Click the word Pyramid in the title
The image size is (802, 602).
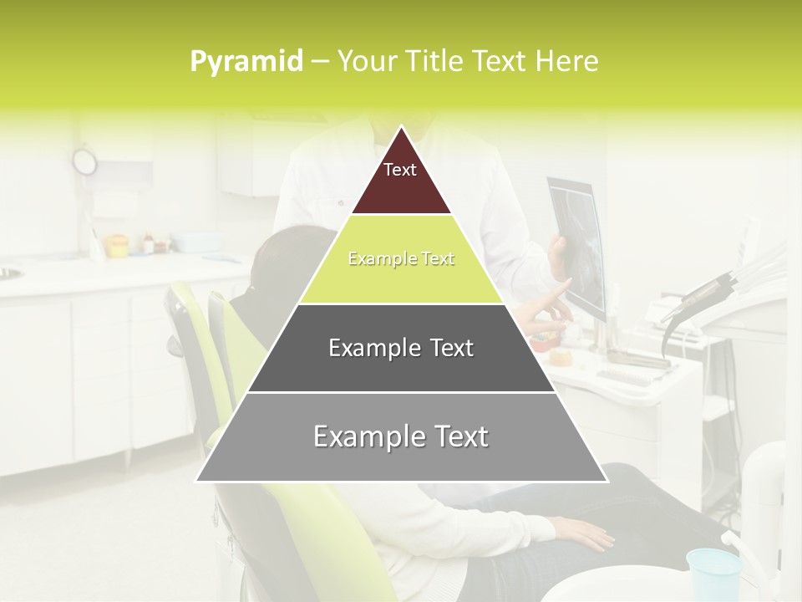click(246, 62)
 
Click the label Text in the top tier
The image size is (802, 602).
click(400, 170)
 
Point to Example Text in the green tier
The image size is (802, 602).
click(401, 258)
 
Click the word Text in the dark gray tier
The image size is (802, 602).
click(447, 348)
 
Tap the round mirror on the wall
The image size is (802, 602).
click(84, 161)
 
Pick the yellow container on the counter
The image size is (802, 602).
click(117, 245)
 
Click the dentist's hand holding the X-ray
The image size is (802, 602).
click(558, 255)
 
